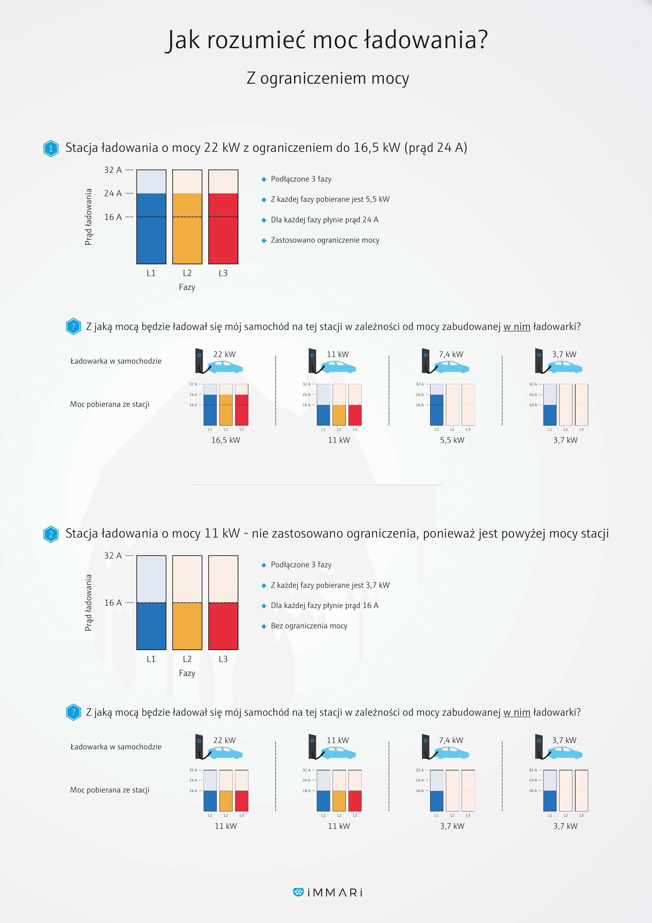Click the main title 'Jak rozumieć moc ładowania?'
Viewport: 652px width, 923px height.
pyautogui.click(x=327, y=40)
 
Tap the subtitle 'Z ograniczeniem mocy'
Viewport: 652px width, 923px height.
pyautogui.click(x=328, y=78)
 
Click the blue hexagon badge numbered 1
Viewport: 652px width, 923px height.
pyautogui.click(x=51, y=148)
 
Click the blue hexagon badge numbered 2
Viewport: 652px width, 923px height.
pyautogui.click(x=51, y=534)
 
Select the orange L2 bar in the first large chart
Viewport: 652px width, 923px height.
pyautogui.click(x=187, y=228)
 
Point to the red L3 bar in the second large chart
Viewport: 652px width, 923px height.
pyautogui.click(x=223, y=626)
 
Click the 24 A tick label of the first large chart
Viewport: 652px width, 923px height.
pyautogui.click(x=113, y=193)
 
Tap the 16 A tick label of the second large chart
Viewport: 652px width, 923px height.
pyautogui.click(x=113, y=603)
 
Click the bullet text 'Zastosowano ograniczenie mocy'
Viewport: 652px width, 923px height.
pyautogui.click(x=325, y=240)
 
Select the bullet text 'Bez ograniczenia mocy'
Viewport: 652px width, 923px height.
pyautogui.click(x=309, y=626)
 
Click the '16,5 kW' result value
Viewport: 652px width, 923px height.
pyautogui.click(x=226, y=440)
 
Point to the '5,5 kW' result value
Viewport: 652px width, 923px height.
pyautogui.click(x=452, y=440)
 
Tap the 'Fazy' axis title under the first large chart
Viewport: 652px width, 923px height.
pyautogui.click(x=187, y=287)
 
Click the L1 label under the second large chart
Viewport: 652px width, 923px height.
pyautogui.click(x=151, y=659)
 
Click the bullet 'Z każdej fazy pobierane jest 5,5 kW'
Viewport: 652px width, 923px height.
pyautogui.click(x=330, y=199)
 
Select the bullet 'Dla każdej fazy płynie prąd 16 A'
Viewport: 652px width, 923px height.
pyautogui.click(x=325, y=605)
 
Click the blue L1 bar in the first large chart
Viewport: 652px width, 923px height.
pyautogui.click(x=151, y=228)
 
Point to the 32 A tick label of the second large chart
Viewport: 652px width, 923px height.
pyautogui.click(x=113, y=556)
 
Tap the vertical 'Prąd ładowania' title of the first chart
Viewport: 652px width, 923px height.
pyautogui.click(x=88, y=217)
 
